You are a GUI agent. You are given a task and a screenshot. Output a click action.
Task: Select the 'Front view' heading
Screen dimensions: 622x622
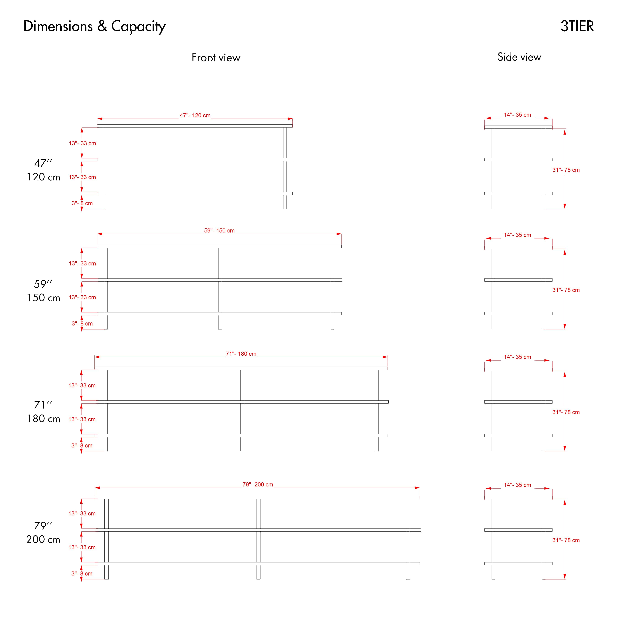pyautogui.click(x=216, y=58)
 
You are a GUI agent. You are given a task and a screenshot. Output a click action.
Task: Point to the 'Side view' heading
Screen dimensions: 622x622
pyautogui.click(x=519, y=57)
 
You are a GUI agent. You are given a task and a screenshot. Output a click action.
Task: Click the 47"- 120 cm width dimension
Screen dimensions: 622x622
pyautogui.click(x=195, y=115)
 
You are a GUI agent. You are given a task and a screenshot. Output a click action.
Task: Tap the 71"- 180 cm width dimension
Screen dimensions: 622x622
pyautogui.click(x=241, y=354)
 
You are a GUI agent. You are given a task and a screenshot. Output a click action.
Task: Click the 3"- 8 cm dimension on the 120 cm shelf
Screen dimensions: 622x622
pyautogui.click(x=82, y=203)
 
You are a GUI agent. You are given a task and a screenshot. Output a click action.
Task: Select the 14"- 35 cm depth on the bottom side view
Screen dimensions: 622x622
pyautogui.click(x=518, y=485)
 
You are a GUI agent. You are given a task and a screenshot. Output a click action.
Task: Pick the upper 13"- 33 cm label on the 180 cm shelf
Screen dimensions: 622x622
pyautogui.click(x=82, y=385)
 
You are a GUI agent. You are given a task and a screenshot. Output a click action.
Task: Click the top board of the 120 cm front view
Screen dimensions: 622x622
pyautogui.click(x=195, y=126)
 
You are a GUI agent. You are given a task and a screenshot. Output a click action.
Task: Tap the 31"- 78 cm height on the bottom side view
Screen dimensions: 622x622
pyautogui.click(x=566, y=540)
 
